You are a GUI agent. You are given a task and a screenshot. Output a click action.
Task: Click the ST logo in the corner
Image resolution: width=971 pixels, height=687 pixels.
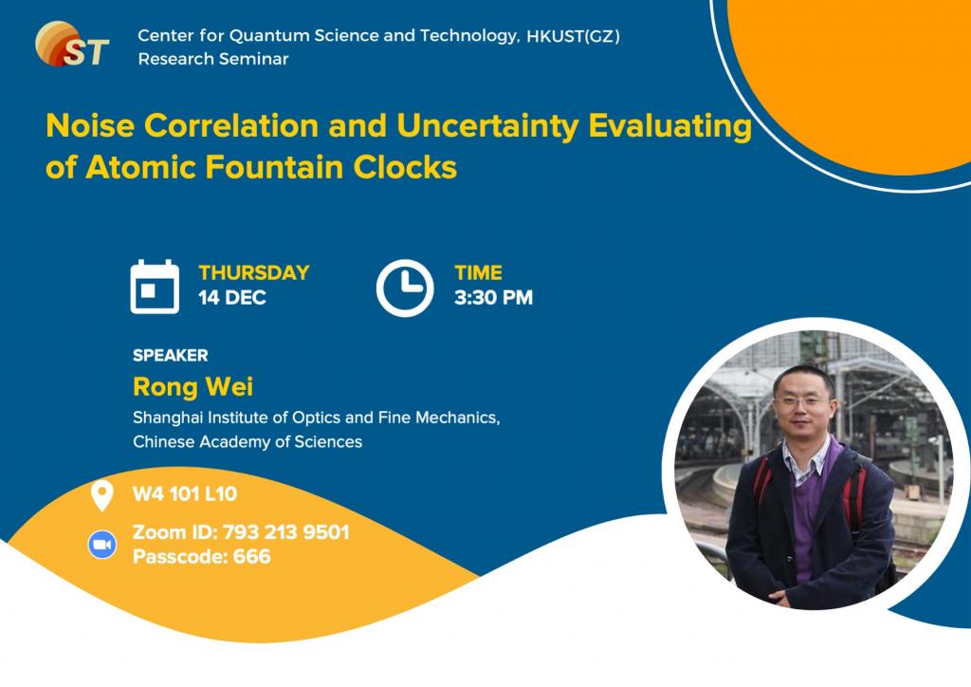pos(72,44)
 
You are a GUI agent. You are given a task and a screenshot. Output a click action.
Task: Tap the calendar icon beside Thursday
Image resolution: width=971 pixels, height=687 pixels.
pos(155,287)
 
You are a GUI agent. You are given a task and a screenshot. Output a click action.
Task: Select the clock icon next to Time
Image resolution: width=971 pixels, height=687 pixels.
pos(405,288)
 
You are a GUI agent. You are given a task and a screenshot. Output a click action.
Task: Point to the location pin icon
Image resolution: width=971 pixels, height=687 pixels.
pos(102,495)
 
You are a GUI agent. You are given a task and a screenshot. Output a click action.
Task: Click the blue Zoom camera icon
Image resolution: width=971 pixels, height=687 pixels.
pos(102,545)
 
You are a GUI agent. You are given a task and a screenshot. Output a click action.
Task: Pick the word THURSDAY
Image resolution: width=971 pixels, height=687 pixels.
pos(254,272)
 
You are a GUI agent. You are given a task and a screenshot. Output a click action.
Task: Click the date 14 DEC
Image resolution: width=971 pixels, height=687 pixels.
pos(232,298)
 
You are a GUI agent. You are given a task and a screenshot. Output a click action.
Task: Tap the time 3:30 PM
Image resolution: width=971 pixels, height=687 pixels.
pos(493,298)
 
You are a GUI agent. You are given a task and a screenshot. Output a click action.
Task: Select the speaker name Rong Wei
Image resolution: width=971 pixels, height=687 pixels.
pos(193,386)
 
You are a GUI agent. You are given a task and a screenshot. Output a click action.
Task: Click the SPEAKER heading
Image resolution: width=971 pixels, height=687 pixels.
pos(171,356)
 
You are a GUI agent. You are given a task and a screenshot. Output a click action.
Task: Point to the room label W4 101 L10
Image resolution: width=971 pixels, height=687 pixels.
pos(185,493)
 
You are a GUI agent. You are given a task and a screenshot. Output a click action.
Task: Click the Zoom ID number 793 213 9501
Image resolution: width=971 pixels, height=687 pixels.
pos(286,532)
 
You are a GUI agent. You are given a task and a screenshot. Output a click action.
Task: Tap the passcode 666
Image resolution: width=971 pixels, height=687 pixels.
pos(252,556)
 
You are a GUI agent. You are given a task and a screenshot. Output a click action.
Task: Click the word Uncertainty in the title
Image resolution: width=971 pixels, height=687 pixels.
pos(487,126)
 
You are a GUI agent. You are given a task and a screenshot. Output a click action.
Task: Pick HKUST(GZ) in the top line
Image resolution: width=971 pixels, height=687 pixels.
pos(573,37)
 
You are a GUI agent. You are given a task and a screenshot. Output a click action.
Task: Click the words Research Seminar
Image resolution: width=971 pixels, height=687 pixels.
pos(213,59)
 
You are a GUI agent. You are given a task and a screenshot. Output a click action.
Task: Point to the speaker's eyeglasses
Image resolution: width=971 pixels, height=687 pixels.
pos(803,400)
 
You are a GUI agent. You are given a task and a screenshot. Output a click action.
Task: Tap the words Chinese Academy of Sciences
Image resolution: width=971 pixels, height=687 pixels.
pos(247,441)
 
